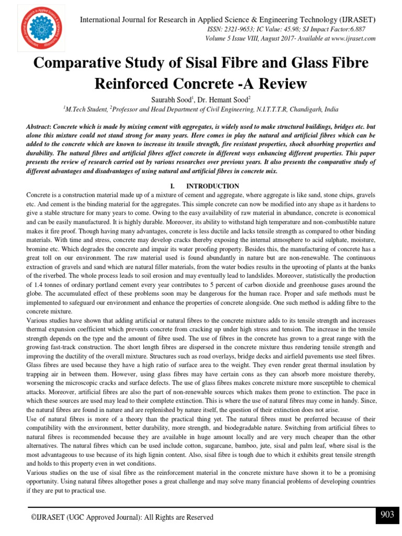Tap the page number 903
(x=387, y=515)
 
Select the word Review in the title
(x=282, y=84)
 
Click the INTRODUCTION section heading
(x=213, y=186)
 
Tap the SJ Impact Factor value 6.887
(x=354, y=30)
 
